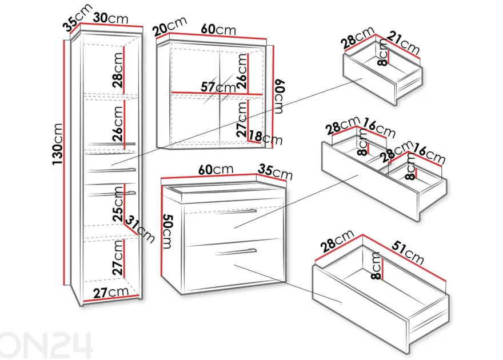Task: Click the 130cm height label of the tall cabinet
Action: click(58, 144)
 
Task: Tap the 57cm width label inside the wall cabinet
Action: click(218, 87)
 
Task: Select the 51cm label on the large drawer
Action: click(408, 253)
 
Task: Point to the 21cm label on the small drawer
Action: click(403, 43)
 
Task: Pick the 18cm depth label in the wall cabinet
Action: click(265, 137)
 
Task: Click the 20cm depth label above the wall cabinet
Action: click(170, 26)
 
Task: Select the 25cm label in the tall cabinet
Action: click(118, 204)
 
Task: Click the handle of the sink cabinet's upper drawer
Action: click(235, 211)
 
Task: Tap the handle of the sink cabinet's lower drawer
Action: click(235, 251)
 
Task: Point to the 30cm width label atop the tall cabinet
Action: click(111, 18)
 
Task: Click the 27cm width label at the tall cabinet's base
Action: click(111, 293)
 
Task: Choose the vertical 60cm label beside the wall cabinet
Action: click(279, 97)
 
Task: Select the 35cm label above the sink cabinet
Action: click(276, 173)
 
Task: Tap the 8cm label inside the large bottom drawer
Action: click(376, 266)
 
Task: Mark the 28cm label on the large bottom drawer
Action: click(337, 241)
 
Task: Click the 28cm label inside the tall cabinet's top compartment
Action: click(118, 70)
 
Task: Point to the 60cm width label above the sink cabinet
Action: click(216, 170)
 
